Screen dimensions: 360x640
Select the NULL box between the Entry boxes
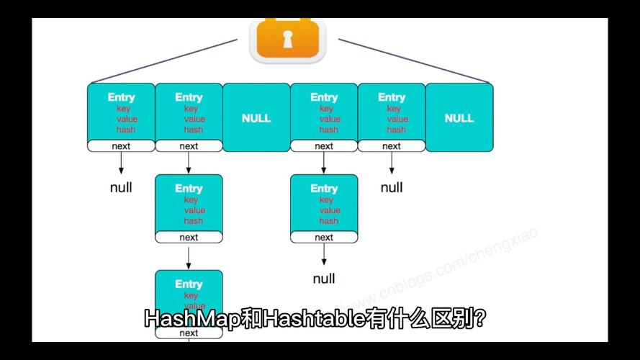tap(256, 117)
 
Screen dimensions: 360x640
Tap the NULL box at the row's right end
tap(459, 117)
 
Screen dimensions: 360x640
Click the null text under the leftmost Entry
tap(121, 188)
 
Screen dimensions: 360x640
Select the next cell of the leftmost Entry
tap(121, 146)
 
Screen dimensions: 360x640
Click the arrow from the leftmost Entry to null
tap(121, 163)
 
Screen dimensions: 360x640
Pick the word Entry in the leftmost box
tap(121, 97)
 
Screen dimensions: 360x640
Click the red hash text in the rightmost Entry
tap(396, 130)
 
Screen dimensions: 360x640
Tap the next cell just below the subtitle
tap(189, 333)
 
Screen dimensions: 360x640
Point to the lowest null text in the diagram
tap(324, 279)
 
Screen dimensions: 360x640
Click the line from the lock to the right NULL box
tap(414, 60)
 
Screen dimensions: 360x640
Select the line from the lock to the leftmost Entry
tap(162, 60)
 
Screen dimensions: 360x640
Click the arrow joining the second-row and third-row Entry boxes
tap(189, 256)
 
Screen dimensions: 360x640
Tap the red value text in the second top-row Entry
tap(194, 120)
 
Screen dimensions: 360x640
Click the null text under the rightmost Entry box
tap(392, 188)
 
